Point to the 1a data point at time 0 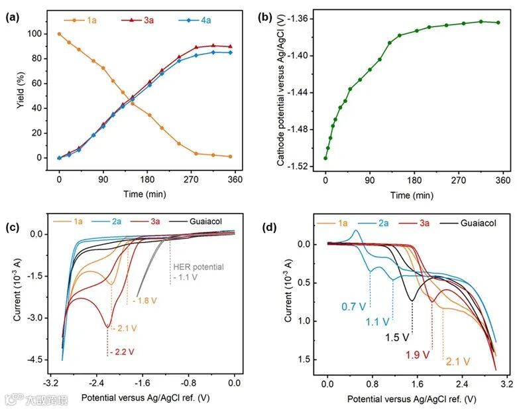pos(59,34)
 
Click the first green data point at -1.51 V pos(325,158)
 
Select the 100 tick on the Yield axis pos(42,34)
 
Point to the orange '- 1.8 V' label pos(144,301)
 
